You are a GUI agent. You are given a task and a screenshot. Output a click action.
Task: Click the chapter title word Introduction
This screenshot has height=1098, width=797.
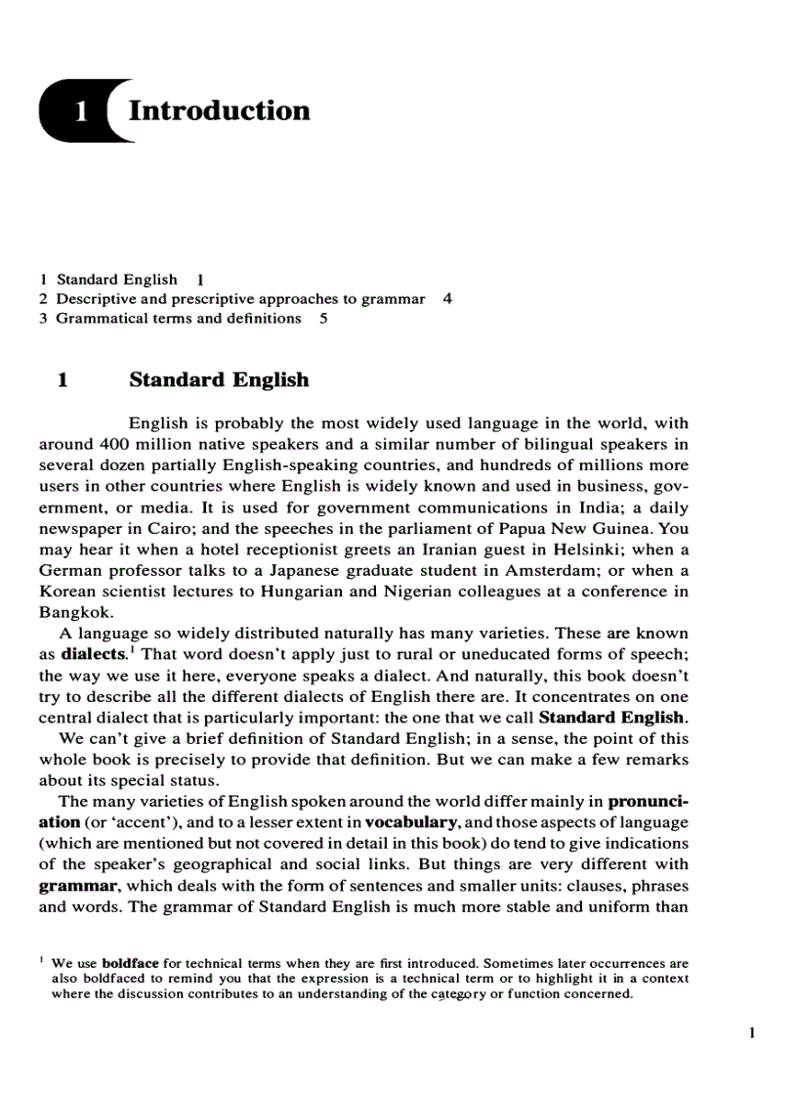(x=219, y=110)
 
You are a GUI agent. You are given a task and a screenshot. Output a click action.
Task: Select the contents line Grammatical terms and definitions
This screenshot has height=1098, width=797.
(x=178, y=319)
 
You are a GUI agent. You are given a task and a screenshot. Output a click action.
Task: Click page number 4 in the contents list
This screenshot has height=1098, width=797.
(x=446, y=299)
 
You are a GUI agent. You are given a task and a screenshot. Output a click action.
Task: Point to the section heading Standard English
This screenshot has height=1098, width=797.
(x=219, y=379)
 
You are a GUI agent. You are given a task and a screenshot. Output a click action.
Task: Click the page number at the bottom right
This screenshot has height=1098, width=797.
(x=752, y=1032)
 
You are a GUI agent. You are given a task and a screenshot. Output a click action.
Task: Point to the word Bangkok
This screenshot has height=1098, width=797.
(x=74, y=613)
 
